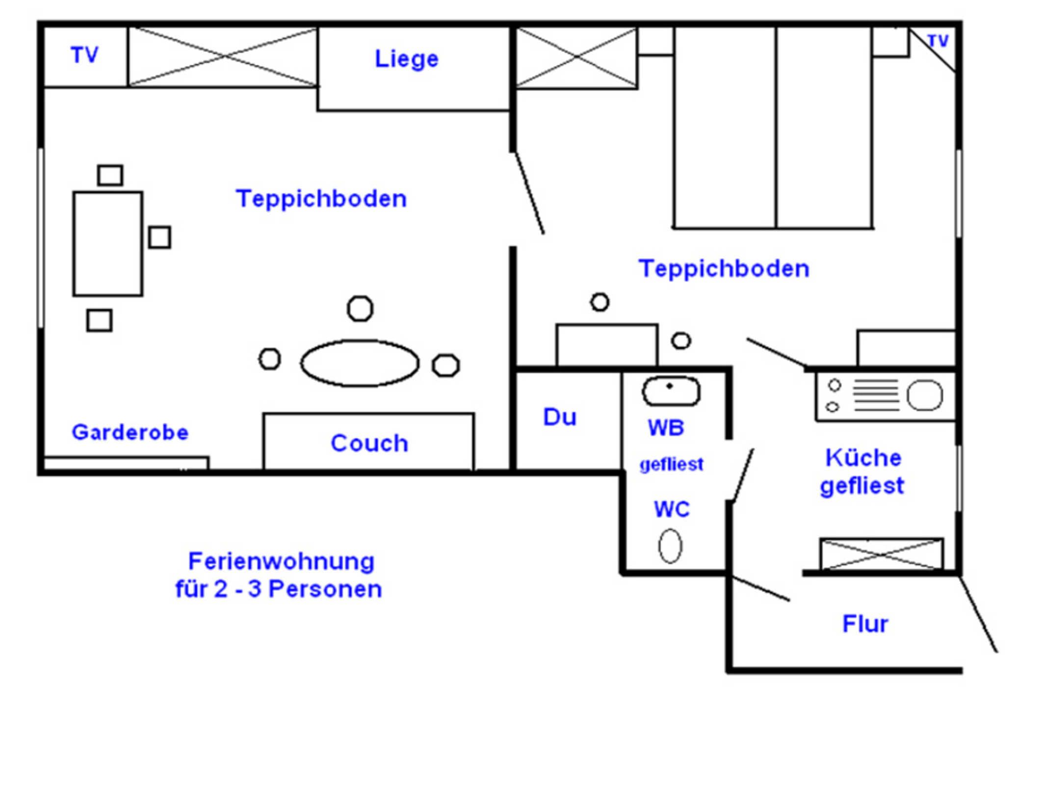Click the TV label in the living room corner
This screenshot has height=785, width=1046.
pos(84,55)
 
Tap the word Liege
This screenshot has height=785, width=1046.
pos(406,59)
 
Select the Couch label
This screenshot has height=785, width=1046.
pos(369,444)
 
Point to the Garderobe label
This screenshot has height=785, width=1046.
pos(130,433)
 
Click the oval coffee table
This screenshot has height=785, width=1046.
pos(360,364)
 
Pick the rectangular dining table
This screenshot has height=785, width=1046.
pos(108,244)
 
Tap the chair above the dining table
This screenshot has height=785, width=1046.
pos(110,175)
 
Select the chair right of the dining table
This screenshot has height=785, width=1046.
pos(159,237)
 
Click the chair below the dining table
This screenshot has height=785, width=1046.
pos(99,320)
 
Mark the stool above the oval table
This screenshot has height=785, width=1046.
pos(360,309)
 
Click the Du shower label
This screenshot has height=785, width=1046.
pos(559,418)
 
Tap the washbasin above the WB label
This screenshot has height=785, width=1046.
pos(671,391)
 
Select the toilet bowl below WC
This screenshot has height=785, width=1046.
pos(670,546)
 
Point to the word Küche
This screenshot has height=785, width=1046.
pos(863,458)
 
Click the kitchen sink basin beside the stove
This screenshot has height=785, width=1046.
pos(924,395)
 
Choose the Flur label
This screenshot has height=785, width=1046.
pos(865,624)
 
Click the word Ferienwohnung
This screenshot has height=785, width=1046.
pos(281,561)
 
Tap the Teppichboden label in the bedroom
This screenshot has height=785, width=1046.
pos(724,269)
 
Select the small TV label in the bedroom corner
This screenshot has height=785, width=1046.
pos(938,41)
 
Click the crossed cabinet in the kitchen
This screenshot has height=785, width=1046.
pos(881,554)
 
